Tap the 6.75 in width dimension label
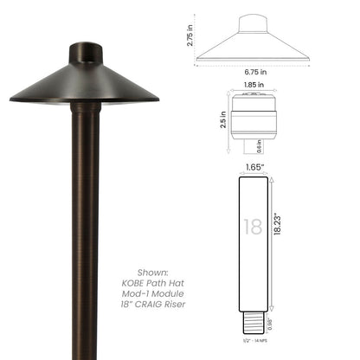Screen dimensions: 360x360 254,73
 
